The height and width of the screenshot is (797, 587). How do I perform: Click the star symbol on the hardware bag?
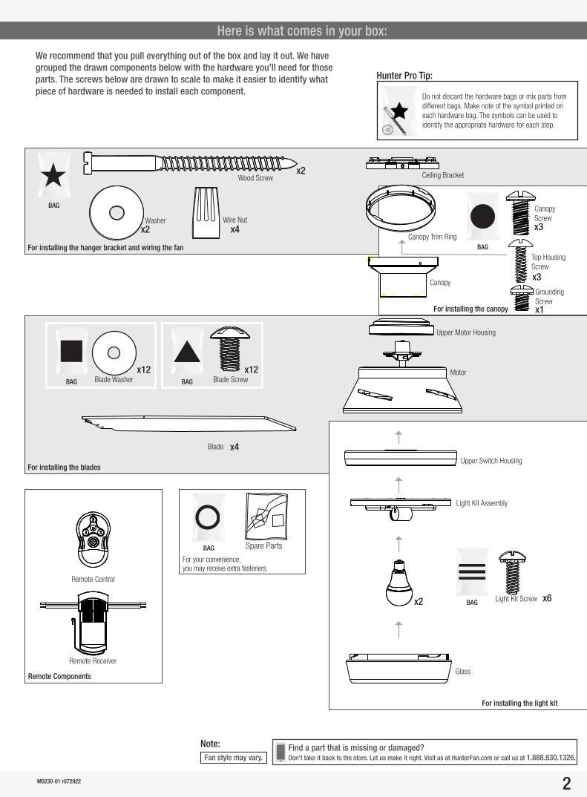(x=53, y=177)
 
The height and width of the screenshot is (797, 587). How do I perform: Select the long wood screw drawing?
(x=193, y=163)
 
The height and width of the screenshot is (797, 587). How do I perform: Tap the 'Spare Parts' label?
(x=264, y=546)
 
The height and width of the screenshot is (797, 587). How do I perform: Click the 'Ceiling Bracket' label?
(x=442, y=176)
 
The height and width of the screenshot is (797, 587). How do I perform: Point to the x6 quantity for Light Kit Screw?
(x=547, y=598)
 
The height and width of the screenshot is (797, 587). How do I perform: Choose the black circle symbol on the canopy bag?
(x=482, y=217)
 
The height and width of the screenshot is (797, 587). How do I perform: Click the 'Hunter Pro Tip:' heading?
(x=404, y=76)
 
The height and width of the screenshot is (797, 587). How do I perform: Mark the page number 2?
(x=566, y=784)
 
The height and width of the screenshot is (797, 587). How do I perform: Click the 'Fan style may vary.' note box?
(x=234, y=758)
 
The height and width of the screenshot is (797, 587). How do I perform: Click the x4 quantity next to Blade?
(x=235, y=447)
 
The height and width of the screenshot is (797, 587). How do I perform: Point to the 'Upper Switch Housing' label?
(x=491, y=461)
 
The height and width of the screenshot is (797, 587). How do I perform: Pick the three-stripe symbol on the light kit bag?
(x=472, y=572)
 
